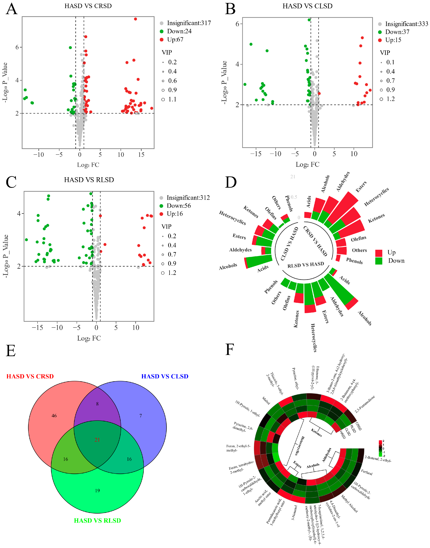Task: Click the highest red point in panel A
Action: click(x=135, y=19)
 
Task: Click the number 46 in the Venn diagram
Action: click(x=54, y=416)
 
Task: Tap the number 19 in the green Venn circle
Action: click(x=97, y=490)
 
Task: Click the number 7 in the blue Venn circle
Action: click(x=140, y=416)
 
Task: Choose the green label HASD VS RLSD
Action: click(x=97, y=520)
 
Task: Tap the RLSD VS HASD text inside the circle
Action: click(x=306, y=265)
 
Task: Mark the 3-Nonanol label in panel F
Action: click(x=295, y=513)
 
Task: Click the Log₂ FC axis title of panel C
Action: click(x=89, y=338)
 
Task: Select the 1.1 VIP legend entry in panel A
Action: click(x=172, y=99)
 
